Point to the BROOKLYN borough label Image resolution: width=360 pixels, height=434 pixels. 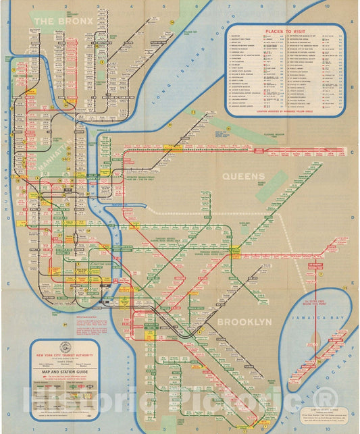tap(244, 322)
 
